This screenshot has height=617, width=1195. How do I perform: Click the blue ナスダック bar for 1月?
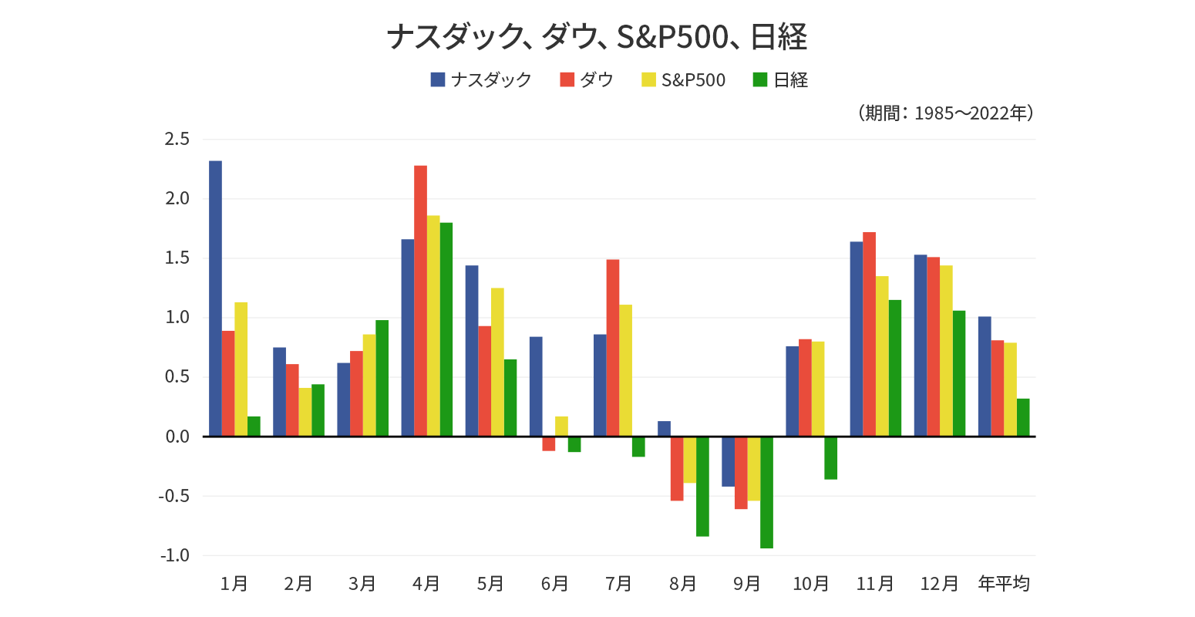[x=215, y=298]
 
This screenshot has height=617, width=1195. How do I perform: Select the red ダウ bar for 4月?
[x=420, y=301]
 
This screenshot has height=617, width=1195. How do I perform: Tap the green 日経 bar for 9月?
[x=766, y=492]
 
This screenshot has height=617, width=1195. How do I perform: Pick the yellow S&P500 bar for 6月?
[x=561, y=427]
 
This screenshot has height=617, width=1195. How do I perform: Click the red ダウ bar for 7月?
[x=612, y=348]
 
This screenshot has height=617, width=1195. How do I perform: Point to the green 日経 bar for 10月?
[x=830, y=458]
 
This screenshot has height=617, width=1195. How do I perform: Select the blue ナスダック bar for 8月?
[x=664, y=429]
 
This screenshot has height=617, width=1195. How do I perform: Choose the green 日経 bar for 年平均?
[x=1023, y=417]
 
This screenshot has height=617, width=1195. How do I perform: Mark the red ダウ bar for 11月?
[x=869, y=334]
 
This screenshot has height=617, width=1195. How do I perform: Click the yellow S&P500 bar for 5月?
[x=497, y=362]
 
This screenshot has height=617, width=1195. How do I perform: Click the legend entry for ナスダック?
[x=481, y=79]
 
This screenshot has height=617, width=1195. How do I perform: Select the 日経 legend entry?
[x=780, y=79]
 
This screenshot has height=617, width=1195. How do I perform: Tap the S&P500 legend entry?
[x=683, y=79]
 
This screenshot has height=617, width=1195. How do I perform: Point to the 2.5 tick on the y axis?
[x=177, y=140]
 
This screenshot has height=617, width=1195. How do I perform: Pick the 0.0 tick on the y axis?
[x=177, y=437]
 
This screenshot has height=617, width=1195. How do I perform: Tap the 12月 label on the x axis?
[x=939, y=584]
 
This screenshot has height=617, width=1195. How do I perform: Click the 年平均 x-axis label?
[x=1004, y=584]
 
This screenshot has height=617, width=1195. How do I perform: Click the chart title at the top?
[x=597, y=36]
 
